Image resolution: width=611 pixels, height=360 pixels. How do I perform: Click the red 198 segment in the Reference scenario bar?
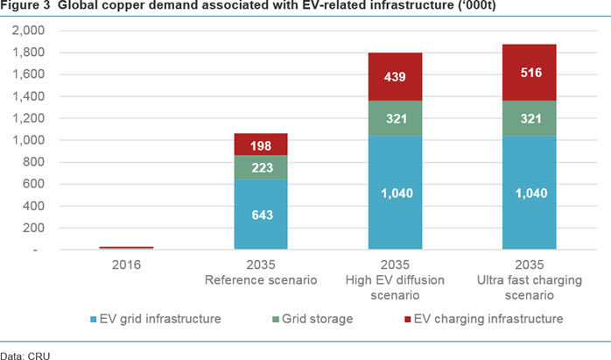[261, 145]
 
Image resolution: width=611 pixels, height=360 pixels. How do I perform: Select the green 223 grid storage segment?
[261, 167]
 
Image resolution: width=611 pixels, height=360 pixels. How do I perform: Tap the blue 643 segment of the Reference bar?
[261, 214]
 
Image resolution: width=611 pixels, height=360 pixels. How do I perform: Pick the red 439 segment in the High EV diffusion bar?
[395, 77]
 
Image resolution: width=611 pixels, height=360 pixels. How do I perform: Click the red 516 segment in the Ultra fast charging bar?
[530, 73]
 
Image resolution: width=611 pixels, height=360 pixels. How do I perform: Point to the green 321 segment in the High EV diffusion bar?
[395, 118]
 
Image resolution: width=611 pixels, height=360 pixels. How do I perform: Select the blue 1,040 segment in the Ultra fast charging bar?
[530, 193]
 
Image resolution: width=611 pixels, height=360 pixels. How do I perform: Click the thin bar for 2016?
[127, 248]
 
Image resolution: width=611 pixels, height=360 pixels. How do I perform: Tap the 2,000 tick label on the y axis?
[28, 30]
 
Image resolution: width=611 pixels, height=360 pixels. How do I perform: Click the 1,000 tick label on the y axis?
[28, 140]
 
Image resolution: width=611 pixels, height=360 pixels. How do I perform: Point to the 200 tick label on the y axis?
[33, 228]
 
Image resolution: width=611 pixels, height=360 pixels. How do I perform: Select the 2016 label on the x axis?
[126, 265]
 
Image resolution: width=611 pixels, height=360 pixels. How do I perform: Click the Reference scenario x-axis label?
[261, 272]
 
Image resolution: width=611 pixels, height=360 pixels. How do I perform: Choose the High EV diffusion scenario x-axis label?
[395, 279]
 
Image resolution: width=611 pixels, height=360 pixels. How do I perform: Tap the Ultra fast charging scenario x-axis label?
[530, 279]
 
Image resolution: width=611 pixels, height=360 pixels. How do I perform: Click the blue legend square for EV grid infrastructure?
[93, 320]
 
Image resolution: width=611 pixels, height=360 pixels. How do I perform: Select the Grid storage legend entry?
[313, 319]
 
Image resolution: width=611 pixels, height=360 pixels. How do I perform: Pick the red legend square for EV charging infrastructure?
[408, 320]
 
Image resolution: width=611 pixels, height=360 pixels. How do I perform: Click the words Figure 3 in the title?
[25, 5]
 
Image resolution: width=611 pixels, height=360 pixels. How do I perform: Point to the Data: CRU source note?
[25, 356]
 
